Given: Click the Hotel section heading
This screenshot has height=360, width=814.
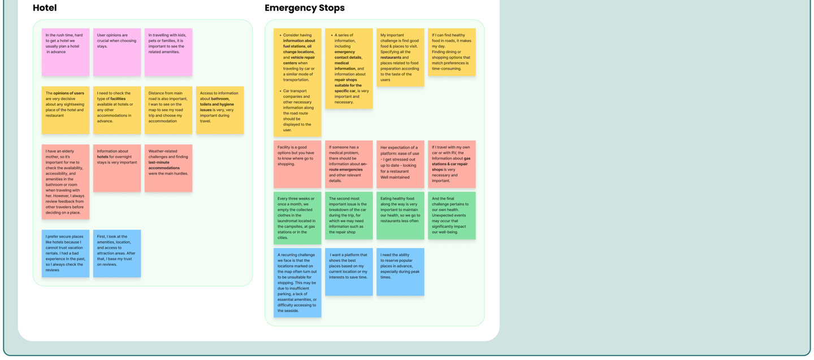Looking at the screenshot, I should tap(45, 8).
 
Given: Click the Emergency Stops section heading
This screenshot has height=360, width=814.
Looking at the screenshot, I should tap(304, 8).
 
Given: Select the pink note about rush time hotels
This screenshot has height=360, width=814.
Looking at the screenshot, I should tap(65, 52).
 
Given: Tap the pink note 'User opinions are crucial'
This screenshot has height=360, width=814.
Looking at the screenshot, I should tap(117, 52).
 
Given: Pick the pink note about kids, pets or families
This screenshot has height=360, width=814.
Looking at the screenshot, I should tap(168, 52).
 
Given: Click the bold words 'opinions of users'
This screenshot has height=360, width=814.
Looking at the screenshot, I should tap(68, 93).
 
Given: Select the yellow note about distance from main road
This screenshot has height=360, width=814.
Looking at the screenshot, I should tap(168, 110).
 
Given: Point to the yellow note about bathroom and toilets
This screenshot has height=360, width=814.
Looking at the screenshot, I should tap(220, 110).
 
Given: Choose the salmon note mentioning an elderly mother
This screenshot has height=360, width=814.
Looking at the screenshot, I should tap(65, 181).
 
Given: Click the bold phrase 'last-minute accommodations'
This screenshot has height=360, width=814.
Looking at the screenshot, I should tap(164, 165).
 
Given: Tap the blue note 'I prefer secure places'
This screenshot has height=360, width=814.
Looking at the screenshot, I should tap(65, 253).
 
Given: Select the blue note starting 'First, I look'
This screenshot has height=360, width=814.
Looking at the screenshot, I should tap(117, 253).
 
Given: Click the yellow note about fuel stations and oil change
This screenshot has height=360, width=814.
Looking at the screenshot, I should tap(297, 82).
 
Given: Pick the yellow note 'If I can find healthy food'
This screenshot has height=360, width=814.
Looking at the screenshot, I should tap(452, 52).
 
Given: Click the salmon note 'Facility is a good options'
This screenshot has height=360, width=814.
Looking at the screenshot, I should tap(297, 164).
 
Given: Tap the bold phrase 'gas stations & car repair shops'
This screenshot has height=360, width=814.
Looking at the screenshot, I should tap(451, 164).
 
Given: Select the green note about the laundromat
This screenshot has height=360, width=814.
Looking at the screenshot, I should tap(297, 218).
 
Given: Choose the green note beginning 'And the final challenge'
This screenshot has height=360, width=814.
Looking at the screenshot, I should tap(452, 215).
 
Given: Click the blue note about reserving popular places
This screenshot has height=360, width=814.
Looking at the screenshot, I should tap(400, 271).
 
